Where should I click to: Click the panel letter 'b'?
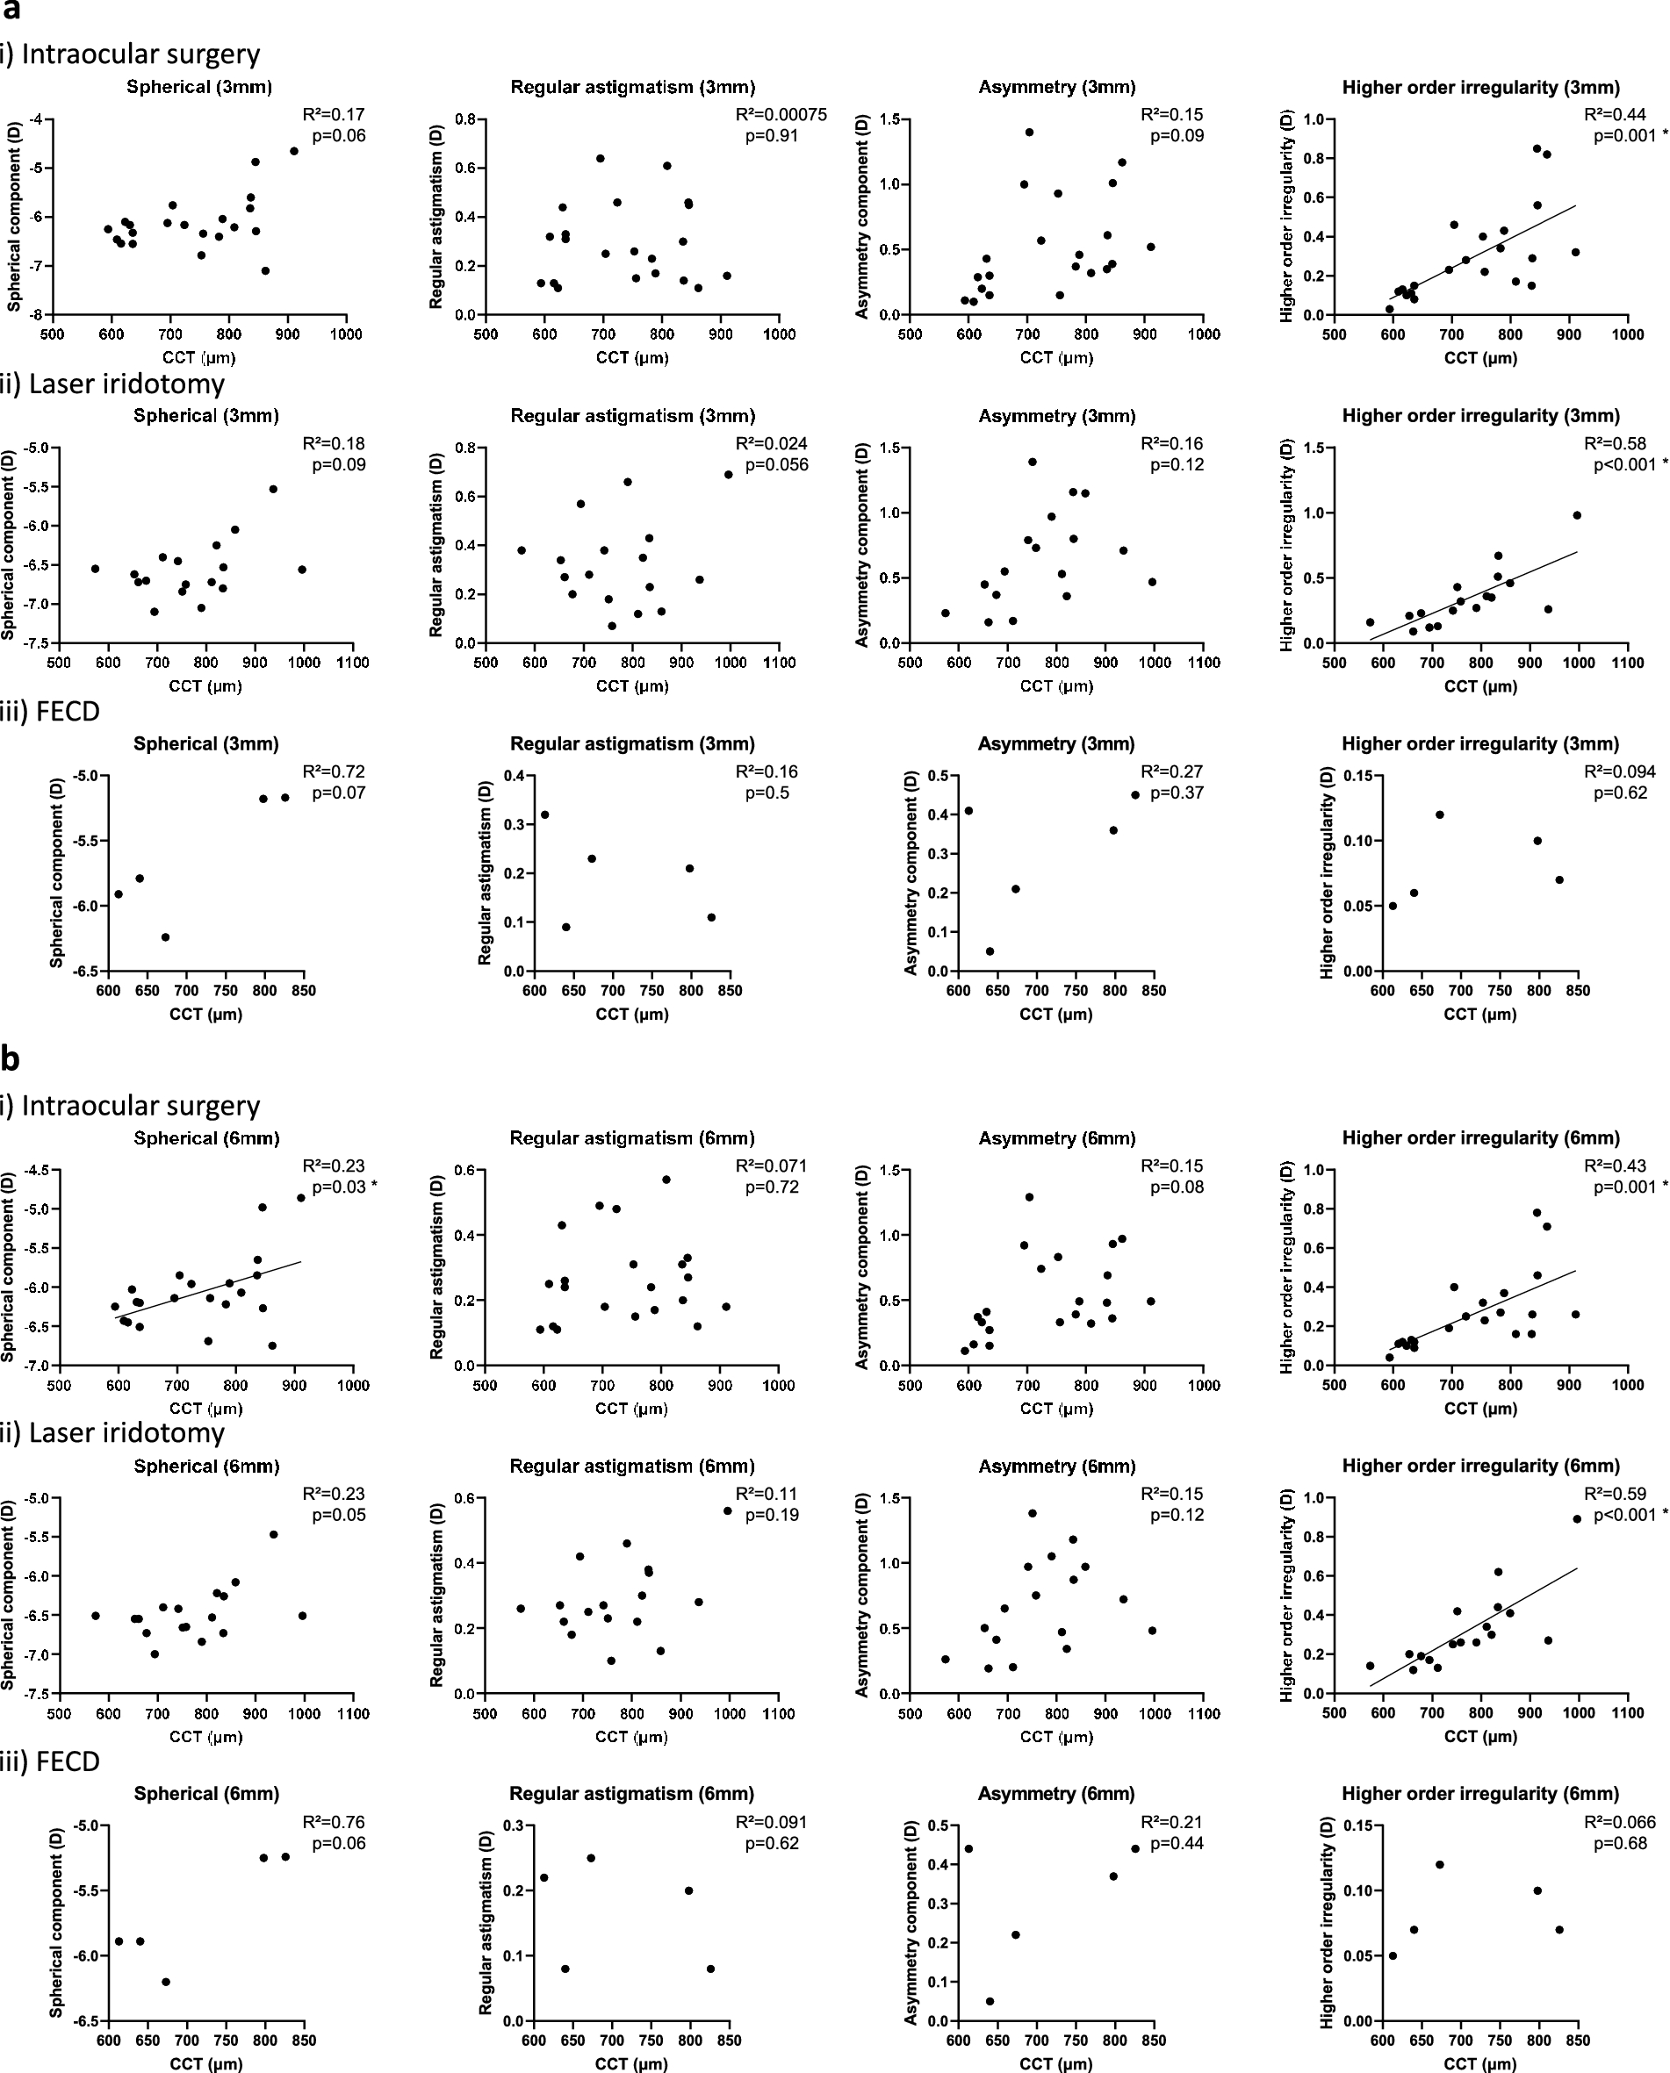click(x=11, y=1059)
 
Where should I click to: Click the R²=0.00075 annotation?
click(x=781, y=114)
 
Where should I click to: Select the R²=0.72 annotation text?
click(x=334, y=772)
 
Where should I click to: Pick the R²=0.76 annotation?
click(x=334, y=1823)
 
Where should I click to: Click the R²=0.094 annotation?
click(x=1620, y=772)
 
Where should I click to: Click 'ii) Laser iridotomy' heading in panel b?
click(x=112, y=1433)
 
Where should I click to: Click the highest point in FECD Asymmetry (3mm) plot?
click(x=1135, y=795)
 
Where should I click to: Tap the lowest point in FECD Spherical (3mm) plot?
click(x=165, y=936)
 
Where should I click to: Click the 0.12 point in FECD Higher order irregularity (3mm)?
click(x=1440, y=814)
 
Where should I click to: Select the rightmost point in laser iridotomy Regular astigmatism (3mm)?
click(x=728, y=474)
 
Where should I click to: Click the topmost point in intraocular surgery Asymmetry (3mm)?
click(x=1029, y=132)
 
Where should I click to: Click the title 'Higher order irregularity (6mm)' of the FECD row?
click(x=1479, y=1794)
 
